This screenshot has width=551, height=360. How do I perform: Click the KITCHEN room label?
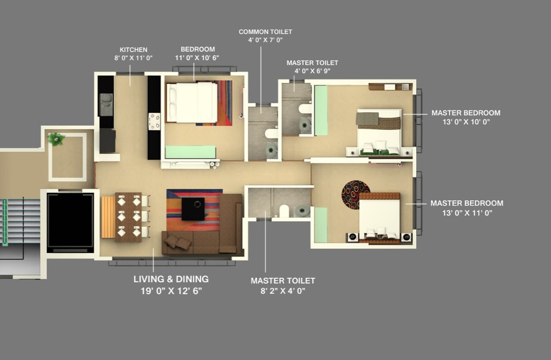coord(133,50)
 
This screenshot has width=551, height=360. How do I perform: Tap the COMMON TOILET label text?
coord(265,32)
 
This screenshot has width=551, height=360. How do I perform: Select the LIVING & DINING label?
coord(171,279)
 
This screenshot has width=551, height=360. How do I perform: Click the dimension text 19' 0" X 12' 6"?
coord(171,291)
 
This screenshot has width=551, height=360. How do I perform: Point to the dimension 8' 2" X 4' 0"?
coord(283,291)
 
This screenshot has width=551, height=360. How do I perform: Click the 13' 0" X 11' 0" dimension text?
coord(467,212)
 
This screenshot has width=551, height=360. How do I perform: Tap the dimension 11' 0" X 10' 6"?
coord(198,58)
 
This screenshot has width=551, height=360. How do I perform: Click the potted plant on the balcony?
coord(56,139)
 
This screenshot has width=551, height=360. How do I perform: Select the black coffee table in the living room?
coord(193,209)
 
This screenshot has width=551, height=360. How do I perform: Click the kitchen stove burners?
coord(154,121)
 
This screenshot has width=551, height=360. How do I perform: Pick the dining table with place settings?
coord(128,217)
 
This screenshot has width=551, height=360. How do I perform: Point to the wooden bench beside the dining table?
coord(108,217)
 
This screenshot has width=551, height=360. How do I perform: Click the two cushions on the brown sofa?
coord(178,242)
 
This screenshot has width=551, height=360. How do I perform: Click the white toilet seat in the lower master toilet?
coord(284,211)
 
